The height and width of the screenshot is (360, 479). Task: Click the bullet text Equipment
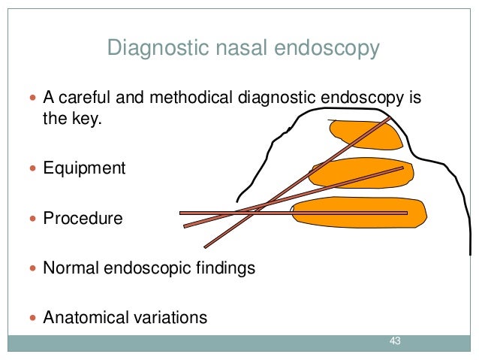coord(84,168)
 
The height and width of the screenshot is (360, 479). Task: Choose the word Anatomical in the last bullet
coord(86,317)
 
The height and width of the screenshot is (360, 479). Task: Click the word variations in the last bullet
coord(170,317)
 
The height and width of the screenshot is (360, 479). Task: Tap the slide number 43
coord(395,343)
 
